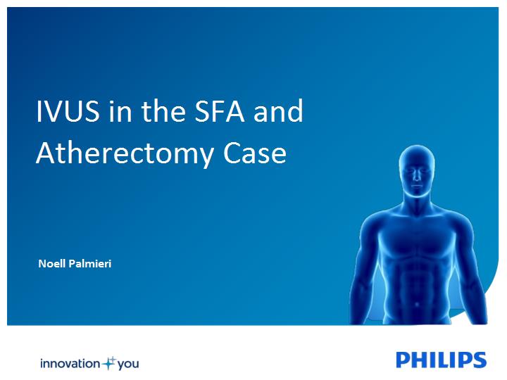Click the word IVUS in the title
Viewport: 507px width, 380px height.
68,111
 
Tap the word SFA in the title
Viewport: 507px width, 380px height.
219,111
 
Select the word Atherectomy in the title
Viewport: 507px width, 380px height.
125,154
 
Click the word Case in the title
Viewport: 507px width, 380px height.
255,153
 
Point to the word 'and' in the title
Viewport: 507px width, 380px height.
278,110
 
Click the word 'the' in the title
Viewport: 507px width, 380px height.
163,110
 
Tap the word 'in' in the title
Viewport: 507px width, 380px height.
120,111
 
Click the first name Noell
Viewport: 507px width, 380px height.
52,264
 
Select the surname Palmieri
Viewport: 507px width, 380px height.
90,264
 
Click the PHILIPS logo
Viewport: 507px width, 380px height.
441,360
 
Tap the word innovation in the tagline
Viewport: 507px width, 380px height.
70,364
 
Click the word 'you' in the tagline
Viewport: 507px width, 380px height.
128,365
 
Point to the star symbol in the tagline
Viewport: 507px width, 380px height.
108,363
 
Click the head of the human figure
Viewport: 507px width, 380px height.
416,170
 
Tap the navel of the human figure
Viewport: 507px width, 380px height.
417,304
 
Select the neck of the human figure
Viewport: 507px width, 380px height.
417,201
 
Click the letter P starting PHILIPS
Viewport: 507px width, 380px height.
403,360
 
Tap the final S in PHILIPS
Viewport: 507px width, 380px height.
480,360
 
